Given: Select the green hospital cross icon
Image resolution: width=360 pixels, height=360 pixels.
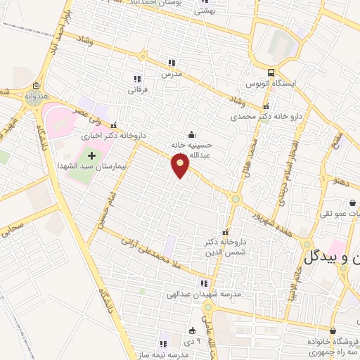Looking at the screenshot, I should click(91, 153).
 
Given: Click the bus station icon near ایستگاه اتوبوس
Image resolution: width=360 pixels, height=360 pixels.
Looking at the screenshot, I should click(271, 73).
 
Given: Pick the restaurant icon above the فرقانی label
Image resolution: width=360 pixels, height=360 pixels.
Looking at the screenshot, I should click(136, 79).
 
